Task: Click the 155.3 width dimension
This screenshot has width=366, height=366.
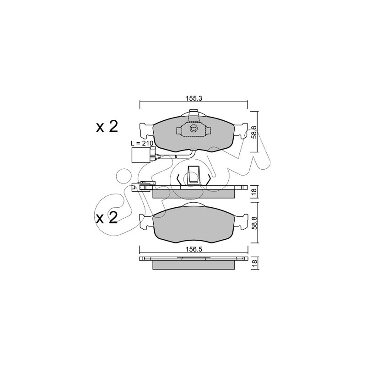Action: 194,98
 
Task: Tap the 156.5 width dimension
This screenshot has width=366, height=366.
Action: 194,249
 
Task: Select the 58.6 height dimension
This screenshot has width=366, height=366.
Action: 254,132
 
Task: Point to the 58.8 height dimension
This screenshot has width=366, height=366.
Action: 254,223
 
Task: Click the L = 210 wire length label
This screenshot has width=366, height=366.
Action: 142,144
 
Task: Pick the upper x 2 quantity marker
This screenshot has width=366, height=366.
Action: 107,127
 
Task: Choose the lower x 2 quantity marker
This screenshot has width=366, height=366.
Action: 107,218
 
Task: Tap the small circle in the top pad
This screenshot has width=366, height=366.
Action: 194,128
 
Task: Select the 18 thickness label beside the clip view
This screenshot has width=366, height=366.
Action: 254,191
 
